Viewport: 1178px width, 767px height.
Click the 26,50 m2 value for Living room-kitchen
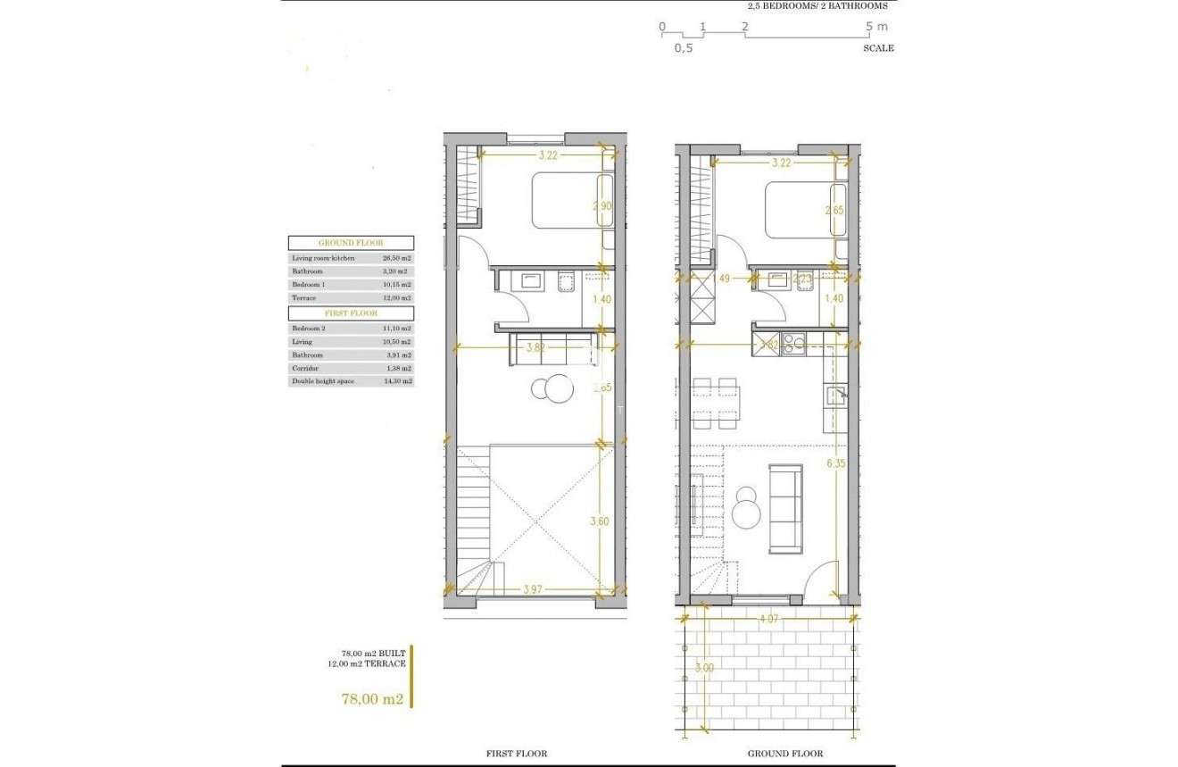pos(394,258)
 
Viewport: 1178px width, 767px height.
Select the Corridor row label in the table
pos(305,368)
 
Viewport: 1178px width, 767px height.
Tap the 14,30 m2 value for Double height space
pos(394,381)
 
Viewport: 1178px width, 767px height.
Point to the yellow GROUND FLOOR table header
pos(350,243)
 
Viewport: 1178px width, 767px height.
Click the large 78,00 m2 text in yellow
pos(372,699)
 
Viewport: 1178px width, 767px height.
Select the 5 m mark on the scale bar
pos(878,27)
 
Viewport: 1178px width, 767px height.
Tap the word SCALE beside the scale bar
pos(878,48)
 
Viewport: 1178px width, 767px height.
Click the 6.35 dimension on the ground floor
pos(835,463)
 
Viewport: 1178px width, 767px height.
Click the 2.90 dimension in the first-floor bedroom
pos(601,205)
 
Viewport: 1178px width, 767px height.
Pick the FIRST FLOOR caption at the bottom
pos(517,754)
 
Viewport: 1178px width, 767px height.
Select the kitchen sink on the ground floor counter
pos(835,396)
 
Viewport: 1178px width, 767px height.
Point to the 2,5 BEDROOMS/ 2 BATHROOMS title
pos(817,5)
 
